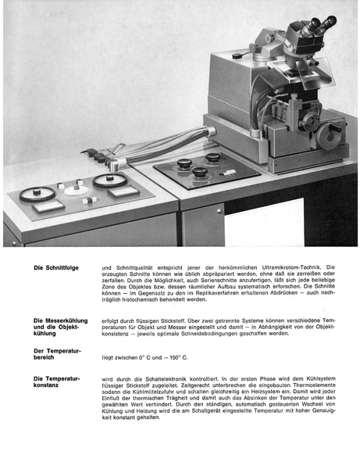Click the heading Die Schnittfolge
53,267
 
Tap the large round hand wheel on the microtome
334,131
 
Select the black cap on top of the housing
237,55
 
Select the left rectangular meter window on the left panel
51,206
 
